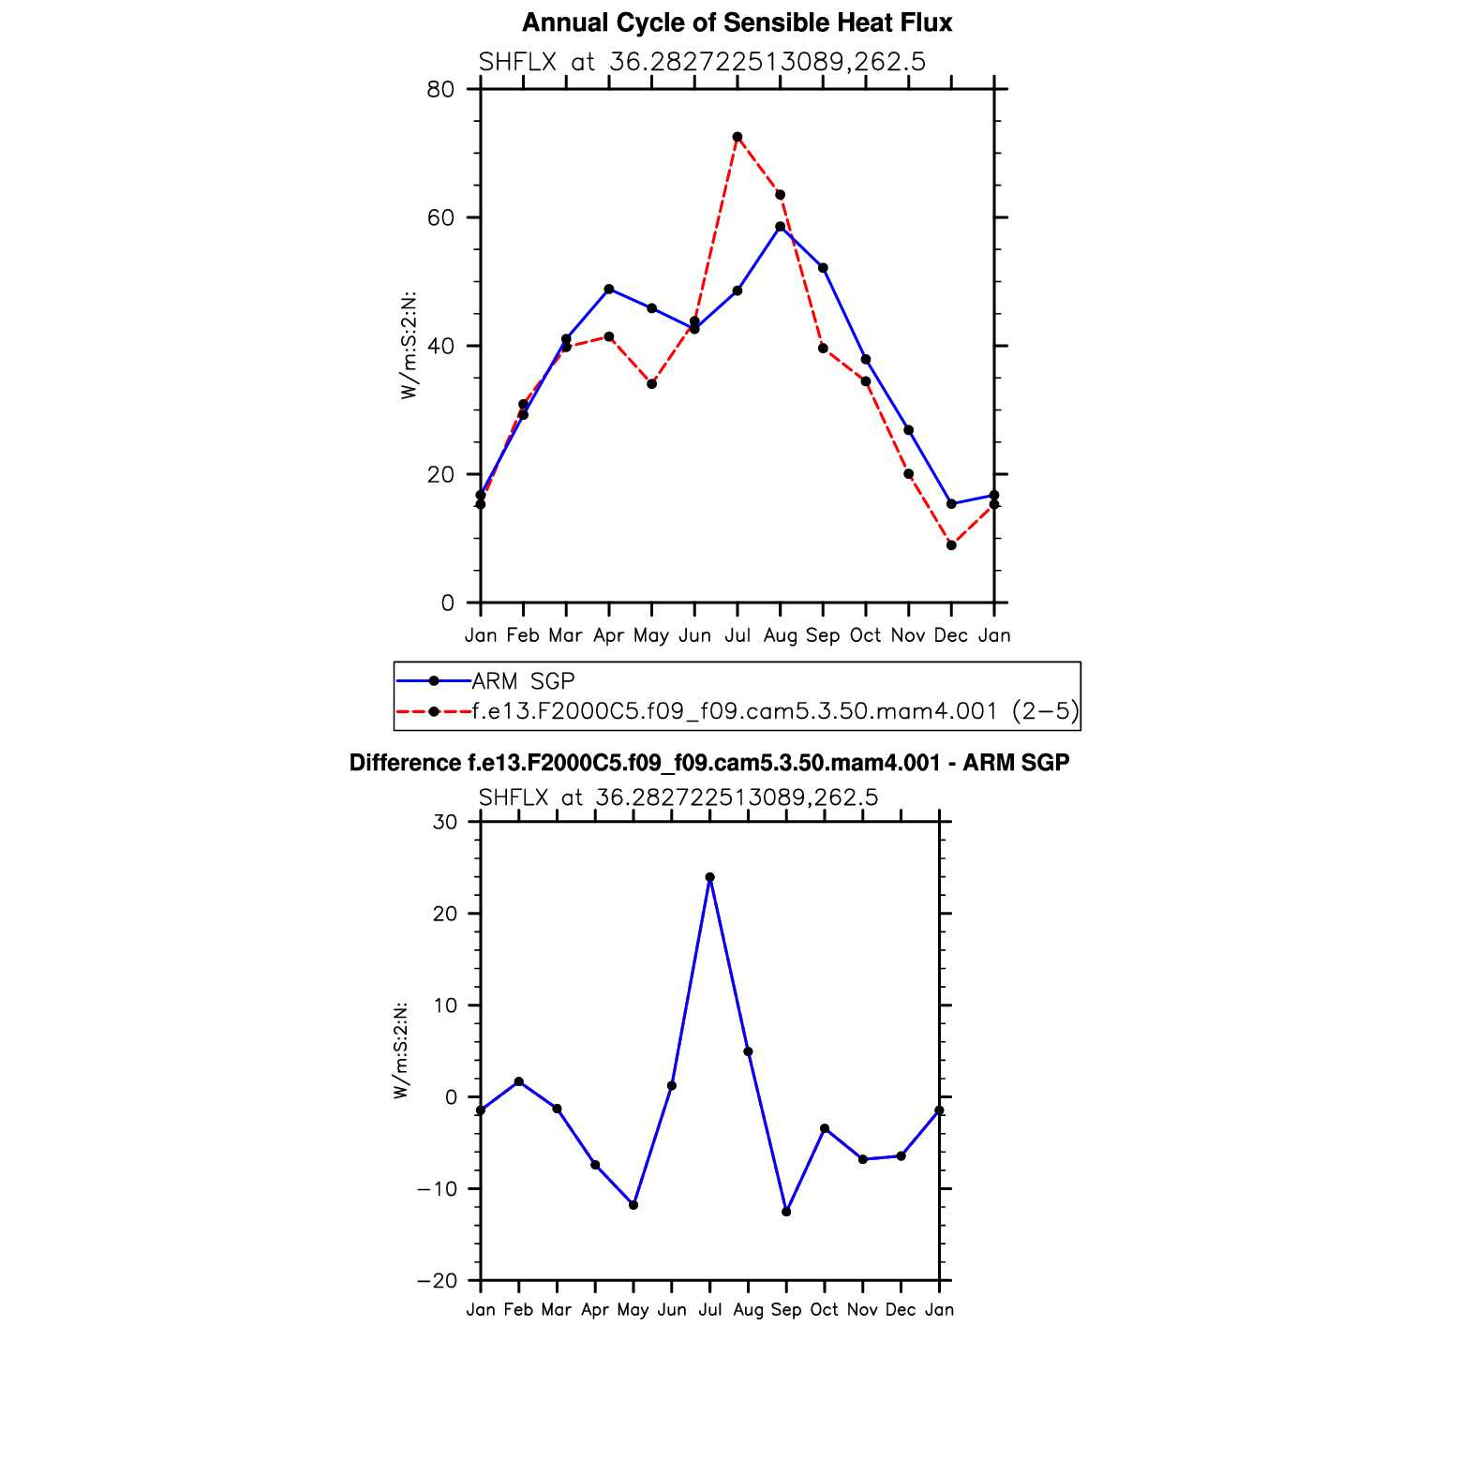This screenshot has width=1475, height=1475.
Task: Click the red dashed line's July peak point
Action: (x=737, y=137)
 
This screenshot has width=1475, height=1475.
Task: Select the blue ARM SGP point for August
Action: (x=780, y=227)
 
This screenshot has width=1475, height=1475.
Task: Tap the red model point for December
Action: (x=951, y=545)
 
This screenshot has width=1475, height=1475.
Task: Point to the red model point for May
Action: (x=651, y=384)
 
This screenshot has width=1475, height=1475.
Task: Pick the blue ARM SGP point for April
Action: (x=609, y=289)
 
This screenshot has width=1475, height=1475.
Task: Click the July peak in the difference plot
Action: (x=709, y=877)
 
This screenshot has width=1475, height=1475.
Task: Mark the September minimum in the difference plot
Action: (x=786, y=1212)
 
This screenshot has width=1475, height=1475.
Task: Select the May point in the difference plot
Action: (x=633, y=1205)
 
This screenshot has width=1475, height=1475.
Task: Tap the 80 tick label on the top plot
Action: (x=440, y=90)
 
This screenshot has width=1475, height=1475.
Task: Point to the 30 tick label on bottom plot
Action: (x=445, y=822)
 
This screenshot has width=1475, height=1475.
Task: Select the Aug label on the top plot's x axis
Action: (x=780, y=635)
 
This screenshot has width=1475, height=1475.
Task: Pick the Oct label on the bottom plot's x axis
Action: (x=825, y=1309)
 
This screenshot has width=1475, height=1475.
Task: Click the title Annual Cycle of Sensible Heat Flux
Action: (x=737, y=22)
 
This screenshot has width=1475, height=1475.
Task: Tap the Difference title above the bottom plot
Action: (x=708, y=763)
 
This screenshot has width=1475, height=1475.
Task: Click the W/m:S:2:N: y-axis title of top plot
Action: (x=409, y=346)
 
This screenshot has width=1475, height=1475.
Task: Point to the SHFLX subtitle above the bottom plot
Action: (x=678, y=797)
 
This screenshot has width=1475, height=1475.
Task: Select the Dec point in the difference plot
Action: (x=901, y=1155)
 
